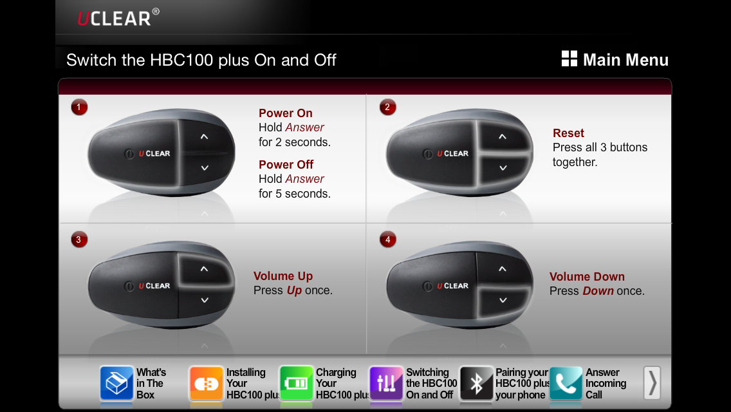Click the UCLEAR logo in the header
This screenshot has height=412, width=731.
(118, 18)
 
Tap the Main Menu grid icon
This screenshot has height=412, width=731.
(569, 59)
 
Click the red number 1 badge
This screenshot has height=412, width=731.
(79, 108)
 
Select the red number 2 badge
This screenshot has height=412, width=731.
(387, 108)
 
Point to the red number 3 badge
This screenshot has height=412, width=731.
(79, 240)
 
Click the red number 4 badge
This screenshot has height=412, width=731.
(387, 240)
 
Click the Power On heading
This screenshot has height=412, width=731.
(286, 113)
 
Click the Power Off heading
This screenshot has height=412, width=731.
(286, 164)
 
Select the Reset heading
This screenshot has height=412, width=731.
(568, 133)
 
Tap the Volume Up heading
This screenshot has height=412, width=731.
(283, 276)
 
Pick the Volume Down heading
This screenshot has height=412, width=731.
(587, 276)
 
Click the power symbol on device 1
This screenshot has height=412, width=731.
(129, 153)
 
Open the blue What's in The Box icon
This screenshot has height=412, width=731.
(116, 383)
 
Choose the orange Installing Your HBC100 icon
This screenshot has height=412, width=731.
(206, 383)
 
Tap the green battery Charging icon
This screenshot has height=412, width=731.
(296, 383)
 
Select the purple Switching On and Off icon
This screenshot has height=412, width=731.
(386, 383)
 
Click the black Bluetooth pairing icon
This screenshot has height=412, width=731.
(476, 383)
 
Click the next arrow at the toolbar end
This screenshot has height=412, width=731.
(652, 382)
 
